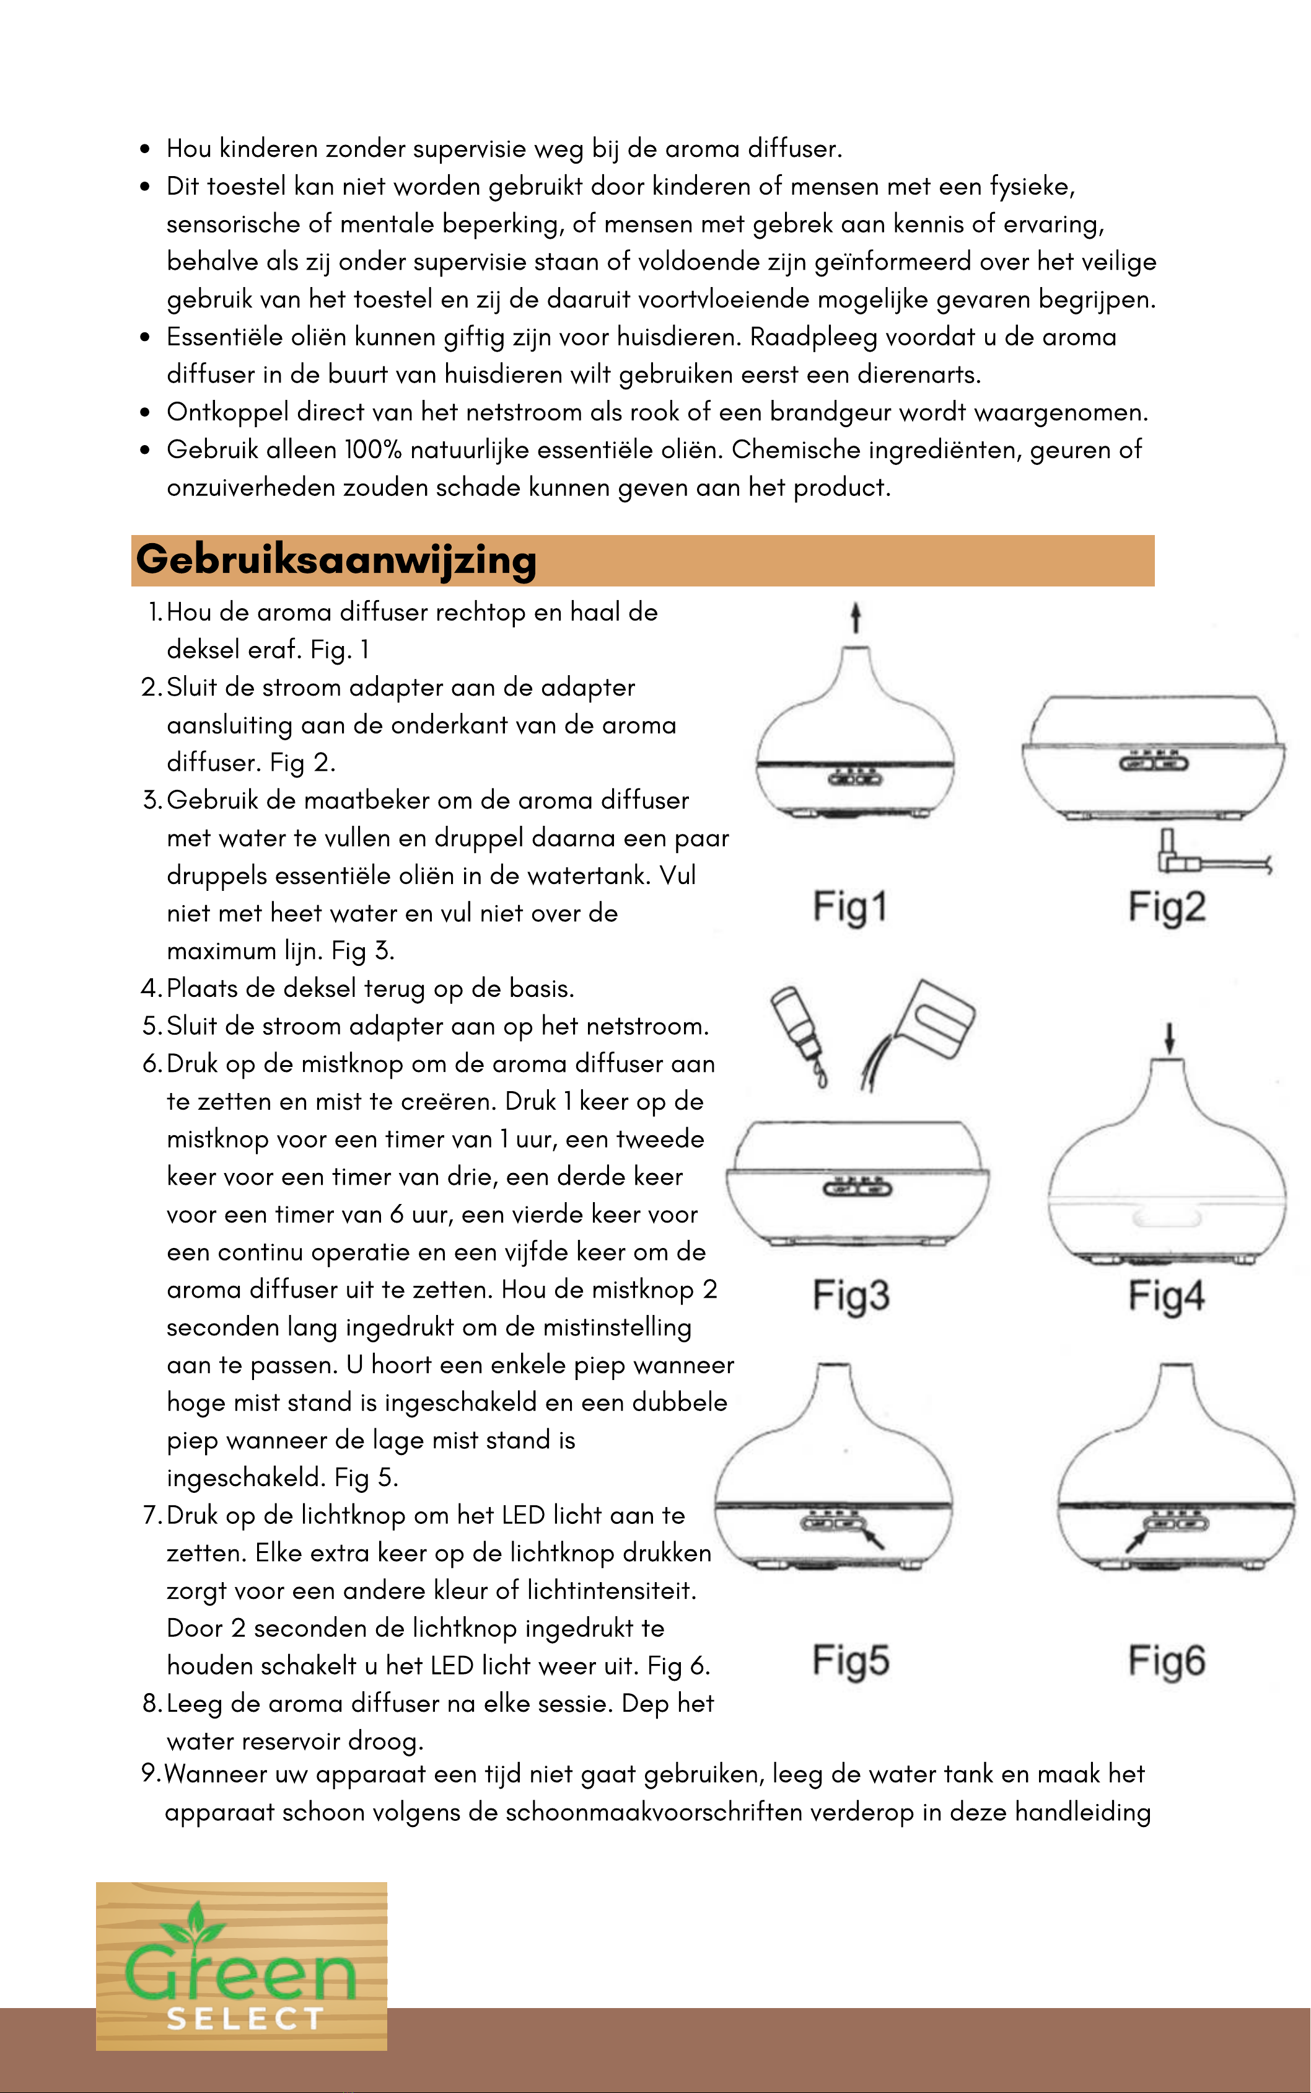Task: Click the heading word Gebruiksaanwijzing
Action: (x=336, y=559)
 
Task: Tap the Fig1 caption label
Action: (x=849, y=906)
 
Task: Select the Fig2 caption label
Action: (x=1166, y=906)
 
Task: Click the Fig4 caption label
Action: (x=1166, y=1296)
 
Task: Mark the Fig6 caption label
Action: (x=1166, y=1660)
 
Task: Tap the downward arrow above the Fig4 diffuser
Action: (x=1170, y=1037)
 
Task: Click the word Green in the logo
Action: (x=240, y=1974)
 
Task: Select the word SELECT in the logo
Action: (x=245, y=2019)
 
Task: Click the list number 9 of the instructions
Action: (x=149, y=1774)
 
